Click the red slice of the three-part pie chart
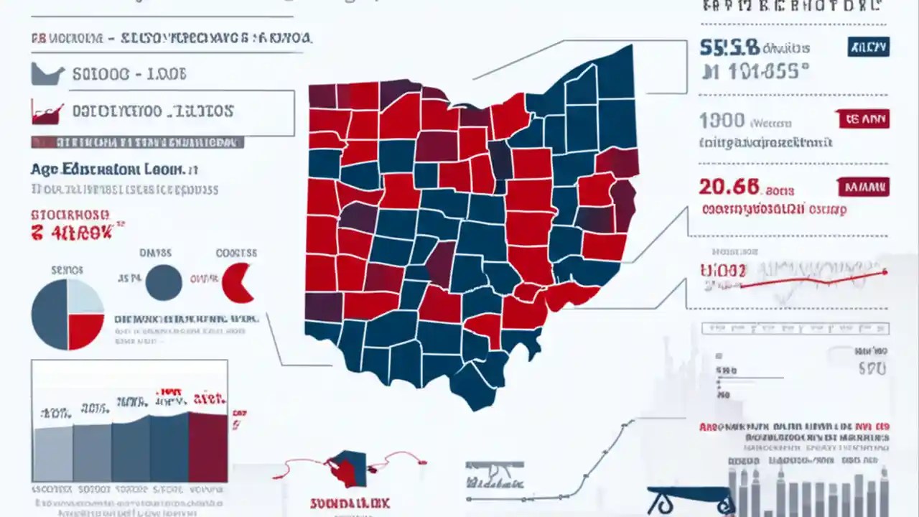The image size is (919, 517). coord(85,331)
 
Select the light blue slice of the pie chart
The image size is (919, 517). coord(85,297)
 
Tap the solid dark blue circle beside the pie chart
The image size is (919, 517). coord(164,282)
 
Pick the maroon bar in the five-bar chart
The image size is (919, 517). coord(207,447)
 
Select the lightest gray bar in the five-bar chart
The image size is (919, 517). coord(52,455)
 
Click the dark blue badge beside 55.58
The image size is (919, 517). coord(868,47)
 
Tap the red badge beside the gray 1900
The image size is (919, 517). coord(864,119)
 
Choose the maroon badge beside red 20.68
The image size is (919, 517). coord(864,187)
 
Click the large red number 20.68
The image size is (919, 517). coord(729,187)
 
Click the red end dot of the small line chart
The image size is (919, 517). coord(885,272)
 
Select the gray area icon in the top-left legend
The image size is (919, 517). coord(48,74)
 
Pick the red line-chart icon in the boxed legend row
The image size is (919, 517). coord(47,112)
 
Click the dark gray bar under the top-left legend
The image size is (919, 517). coord(136,143)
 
